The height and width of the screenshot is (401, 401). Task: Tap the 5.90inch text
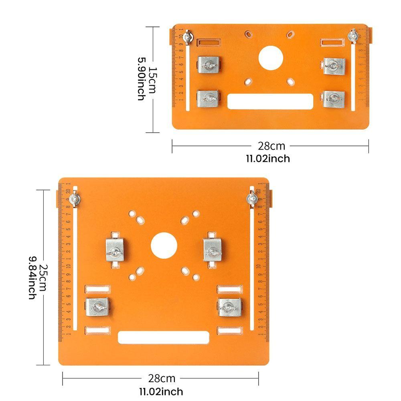click(141, 79)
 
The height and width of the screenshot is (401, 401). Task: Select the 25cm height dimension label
click(43, 277)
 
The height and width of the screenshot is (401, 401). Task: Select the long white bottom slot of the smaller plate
click(270, 101)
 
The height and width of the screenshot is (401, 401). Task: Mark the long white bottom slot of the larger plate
click(164, 338)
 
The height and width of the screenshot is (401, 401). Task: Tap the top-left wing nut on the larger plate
click(74, 199)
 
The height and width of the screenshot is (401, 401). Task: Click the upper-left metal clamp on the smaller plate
click(209, 65)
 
